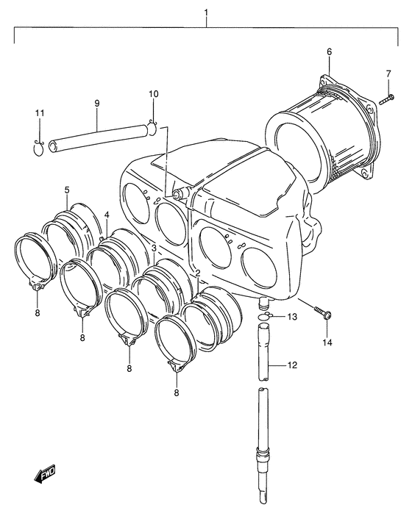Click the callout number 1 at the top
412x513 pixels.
pos(206,12)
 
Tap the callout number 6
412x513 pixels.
pos(329,51)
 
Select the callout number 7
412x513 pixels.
pos(388,74)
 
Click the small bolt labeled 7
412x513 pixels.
pos(387,99)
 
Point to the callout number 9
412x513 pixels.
pos(97,104)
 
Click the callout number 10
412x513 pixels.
pos(153,94)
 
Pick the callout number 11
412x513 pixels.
pos(40,113)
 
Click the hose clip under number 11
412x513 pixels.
pos(40,148)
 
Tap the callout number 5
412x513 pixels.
pos(67,190)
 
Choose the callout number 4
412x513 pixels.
pos(107,215)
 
